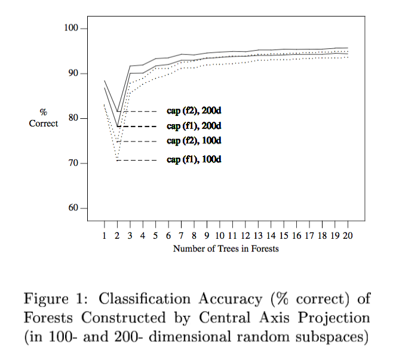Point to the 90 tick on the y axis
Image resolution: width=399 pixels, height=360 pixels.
[x=73, y=73]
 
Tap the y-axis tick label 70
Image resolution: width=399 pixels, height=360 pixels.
[x=73, y=164]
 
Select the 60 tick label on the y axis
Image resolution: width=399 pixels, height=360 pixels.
[x=73, y=208]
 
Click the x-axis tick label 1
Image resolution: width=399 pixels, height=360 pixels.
[x=104, y=236]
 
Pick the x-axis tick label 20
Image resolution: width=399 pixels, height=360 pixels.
[x=348, y=236]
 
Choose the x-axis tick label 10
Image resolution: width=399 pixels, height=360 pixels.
[x=220, y=236]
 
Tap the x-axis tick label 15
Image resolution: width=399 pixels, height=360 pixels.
[x=284, y=236]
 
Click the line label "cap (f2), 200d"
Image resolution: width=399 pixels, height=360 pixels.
[x=194, y=111]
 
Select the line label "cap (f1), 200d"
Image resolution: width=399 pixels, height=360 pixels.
[x=194, y=126]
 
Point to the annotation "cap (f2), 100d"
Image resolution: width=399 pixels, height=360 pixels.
[x=194, y=141]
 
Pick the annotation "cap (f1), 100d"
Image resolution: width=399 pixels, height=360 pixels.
[x=194, y=160]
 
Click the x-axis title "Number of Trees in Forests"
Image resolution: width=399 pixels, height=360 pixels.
[x=226, y=248]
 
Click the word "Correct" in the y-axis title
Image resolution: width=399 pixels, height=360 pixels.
[x=44, y=124]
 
